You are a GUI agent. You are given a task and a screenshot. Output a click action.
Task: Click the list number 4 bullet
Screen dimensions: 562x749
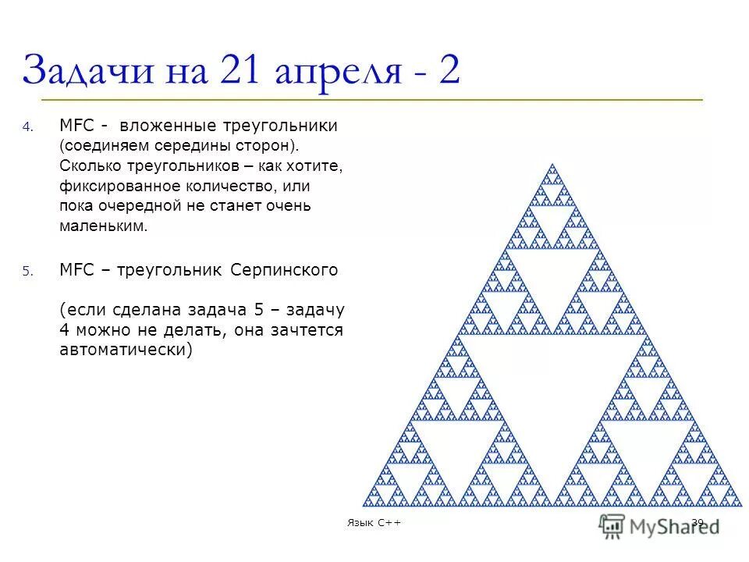(x=27, y=127)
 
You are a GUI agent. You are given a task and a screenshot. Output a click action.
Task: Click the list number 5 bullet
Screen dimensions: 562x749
(x=27, y=272)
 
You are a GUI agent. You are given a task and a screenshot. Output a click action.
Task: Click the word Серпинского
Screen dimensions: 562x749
(x=285, y=270)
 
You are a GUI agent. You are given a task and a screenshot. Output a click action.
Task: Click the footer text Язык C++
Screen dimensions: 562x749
(x=374, y=522)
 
